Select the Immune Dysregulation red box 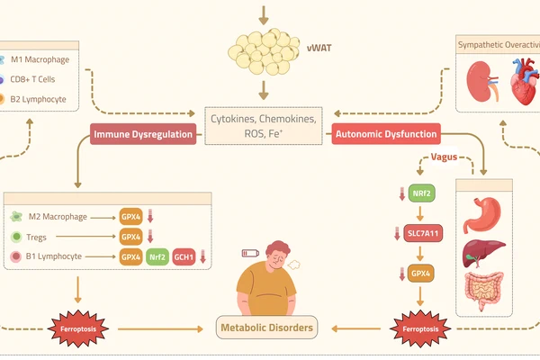coord(142,136)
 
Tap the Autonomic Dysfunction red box coord(386,135)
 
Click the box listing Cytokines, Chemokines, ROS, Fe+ coord(263,127)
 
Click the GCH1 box coord(186,256)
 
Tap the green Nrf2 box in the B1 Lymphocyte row coord(158,256)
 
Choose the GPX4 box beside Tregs coord(131,237)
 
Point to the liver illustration coord(483,253)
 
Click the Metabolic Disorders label coord(267,328)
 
